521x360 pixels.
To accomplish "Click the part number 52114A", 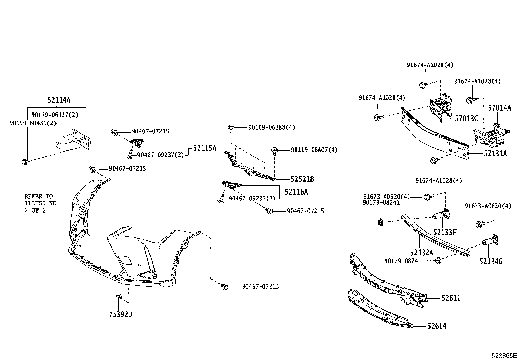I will click(x=59, y=100).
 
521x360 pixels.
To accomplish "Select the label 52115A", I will click(x=205, y=148).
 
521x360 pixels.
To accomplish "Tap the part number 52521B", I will click(x=302, y=179).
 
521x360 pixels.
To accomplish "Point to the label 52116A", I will click(x=296, y=192).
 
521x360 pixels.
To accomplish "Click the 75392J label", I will click(x=120, y=314).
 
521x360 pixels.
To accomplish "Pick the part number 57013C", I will click(x=466, y=118).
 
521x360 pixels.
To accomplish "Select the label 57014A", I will click(x=499, y=108).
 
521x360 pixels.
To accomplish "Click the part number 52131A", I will click(x=495, y=153).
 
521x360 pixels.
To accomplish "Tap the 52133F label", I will click(x=445, y=232).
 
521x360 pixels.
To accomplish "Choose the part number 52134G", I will click(x=491, y=261).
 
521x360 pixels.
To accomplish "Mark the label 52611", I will click(x=451, y=298).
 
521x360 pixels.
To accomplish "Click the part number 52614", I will click(x=437, y=326).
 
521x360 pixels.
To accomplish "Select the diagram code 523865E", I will click(x=503, y=355).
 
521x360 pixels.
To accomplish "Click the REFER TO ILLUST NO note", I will click(x=39, y=203).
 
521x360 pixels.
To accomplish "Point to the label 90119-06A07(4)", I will click(x=314, y=150).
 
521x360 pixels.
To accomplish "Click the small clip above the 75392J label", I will click(x=119, y=296).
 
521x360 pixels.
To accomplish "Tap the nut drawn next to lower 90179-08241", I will click(x=438, y=261).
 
